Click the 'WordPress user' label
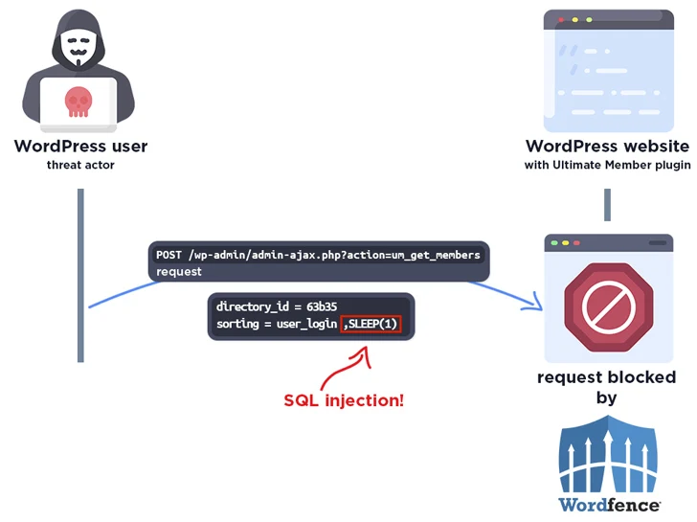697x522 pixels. click(80, 147)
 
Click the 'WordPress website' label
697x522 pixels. click(607, 147)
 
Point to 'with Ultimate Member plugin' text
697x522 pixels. click(607, 165)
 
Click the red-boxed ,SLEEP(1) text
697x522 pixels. click(371, 325)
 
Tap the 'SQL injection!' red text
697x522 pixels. click(344, 399)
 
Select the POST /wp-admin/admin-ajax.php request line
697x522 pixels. click(318, 255)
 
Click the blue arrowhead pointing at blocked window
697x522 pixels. click(534, 305)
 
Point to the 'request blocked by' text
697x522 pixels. click(607, 386)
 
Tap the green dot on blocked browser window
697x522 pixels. click(577, 244)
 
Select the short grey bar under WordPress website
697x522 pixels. click(607, 205)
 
